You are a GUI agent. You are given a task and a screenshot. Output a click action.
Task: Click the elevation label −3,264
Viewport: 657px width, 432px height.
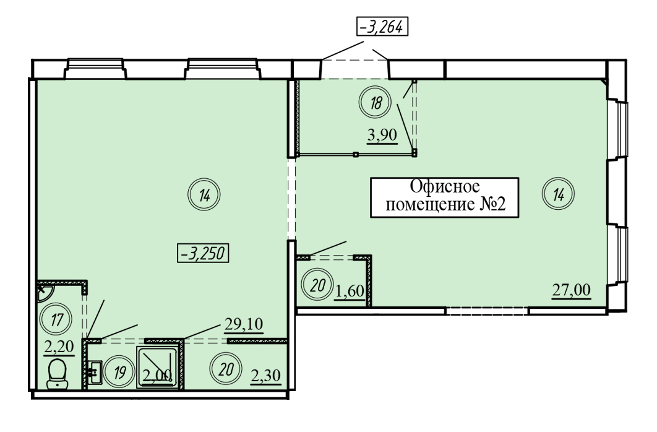point(382,27)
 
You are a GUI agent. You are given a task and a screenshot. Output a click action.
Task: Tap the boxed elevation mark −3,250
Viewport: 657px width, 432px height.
point(203,254)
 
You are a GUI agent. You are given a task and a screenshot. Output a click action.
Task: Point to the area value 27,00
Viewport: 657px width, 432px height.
point(571,290)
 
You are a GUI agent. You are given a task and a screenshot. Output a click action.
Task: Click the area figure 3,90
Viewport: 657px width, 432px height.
point(382,136)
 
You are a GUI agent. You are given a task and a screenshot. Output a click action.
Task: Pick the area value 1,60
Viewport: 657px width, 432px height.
point(350,290)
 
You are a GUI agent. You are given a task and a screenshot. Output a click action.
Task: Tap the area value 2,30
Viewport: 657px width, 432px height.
point(265,375)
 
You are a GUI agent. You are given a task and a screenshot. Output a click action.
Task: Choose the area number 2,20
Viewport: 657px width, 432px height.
point(59,347)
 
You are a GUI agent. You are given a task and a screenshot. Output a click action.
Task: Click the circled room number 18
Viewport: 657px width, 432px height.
point(376,102)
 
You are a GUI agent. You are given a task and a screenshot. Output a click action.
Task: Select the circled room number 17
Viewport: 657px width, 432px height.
point(56,320)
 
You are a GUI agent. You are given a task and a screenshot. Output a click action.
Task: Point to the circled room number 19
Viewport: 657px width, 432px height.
point(119,372)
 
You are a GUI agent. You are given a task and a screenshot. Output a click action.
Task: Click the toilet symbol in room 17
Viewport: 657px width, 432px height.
point(57,374)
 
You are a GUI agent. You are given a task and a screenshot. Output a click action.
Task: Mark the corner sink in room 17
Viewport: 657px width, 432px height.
point(43,292)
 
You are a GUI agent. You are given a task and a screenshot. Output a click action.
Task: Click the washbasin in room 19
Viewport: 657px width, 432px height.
point(94,372)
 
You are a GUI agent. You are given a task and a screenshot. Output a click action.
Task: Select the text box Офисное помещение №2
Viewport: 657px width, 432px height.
point(445,197)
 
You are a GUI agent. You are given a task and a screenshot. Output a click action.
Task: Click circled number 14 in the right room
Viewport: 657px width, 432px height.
point(558,194)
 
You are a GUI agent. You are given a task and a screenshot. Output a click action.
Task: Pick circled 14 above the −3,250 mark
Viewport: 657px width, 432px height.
point(204,194)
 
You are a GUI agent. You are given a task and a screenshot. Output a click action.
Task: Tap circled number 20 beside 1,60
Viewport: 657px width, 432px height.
point(317,285)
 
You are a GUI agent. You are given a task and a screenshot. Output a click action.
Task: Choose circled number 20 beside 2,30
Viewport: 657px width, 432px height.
point(226,369)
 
